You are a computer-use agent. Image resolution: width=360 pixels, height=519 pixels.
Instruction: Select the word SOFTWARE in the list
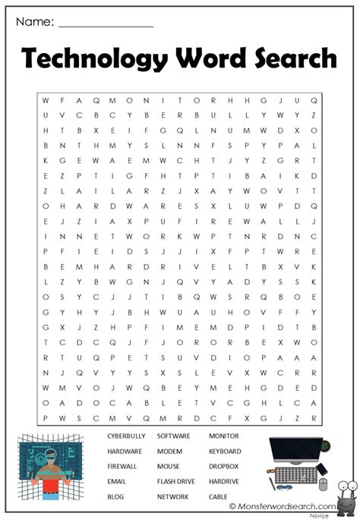173,436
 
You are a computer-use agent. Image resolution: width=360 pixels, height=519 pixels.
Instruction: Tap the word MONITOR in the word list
223,436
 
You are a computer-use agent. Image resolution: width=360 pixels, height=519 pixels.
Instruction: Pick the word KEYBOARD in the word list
226,451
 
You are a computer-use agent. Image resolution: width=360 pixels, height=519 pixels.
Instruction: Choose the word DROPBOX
224,466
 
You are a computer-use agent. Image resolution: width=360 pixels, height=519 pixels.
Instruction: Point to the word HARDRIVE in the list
224,481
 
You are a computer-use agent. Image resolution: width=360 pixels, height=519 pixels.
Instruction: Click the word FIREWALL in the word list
122,466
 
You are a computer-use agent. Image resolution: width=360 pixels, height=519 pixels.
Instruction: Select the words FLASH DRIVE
176,481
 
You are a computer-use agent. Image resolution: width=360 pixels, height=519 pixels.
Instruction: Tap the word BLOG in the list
115,496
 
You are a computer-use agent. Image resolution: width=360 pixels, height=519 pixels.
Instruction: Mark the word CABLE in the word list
218,496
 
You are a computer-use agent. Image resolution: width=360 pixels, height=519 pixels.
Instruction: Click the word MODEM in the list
169,451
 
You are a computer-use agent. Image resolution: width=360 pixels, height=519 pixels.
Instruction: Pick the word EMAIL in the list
117,481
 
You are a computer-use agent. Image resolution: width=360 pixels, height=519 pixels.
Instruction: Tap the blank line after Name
106,25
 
